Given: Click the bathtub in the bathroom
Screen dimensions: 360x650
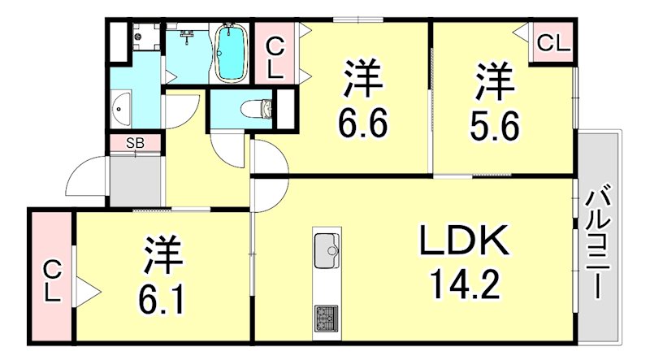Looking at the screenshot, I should tap(232, 53).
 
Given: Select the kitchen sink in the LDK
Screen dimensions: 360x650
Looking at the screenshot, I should tap(326, 247).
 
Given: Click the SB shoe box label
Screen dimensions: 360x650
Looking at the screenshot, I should tap(135, 144).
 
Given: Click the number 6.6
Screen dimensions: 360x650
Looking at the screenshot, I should tap(362, 124).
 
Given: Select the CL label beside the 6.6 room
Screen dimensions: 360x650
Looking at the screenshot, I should tap(275, 55).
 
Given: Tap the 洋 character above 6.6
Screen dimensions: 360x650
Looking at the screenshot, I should tap(362, 80).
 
